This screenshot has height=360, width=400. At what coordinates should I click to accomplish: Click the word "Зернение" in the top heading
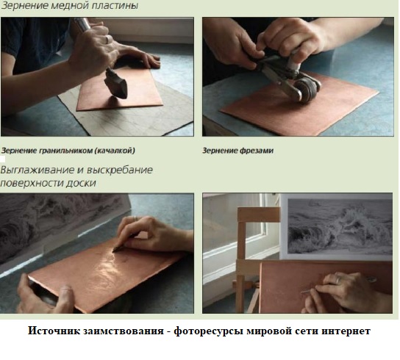[x=24, y=6]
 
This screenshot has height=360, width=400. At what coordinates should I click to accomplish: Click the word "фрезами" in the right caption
[x=257, y=151]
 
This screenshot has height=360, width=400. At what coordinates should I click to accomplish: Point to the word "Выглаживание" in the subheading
[x=38, y=170]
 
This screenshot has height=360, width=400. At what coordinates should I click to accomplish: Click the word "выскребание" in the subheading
[x=120, y=170]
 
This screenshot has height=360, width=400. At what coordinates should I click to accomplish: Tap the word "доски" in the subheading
[x=81, y=183]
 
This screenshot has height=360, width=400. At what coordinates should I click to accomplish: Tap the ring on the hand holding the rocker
[x=108, y=39]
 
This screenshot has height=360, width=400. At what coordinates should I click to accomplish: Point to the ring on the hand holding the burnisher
[x=135, y=218]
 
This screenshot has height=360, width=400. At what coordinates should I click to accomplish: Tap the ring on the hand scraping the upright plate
[x=338, y=280]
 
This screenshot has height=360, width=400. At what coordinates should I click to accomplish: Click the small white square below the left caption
[x=2, y=159]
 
